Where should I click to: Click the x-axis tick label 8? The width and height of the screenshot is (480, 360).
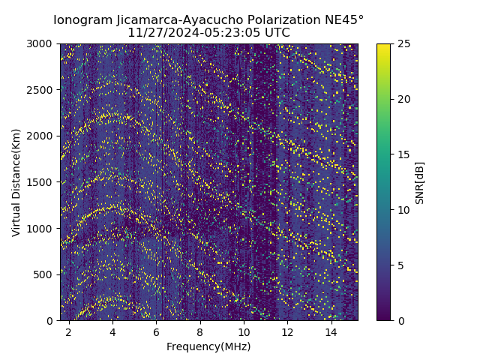[x=200, y=331]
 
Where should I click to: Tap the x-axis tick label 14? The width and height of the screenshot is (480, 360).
[x=331, y=331]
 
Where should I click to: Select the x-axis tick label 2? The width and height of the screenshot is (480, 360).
[x=69, y=331]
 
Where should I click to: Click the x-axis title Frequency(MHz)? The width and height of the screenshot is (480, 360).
[x=208, y=346]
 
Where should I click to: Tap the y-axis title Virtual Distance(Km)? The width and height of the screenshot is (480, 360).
[x=16, y=182]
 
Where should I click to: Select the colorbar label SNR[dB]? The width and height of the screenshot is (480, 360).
[x=420, y=182]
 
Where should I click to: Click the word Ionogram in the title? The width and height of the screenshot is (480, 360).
[x=83, y=19]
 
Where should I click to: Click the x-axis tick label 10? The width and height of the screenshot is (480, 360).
[x=244, y=331]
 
